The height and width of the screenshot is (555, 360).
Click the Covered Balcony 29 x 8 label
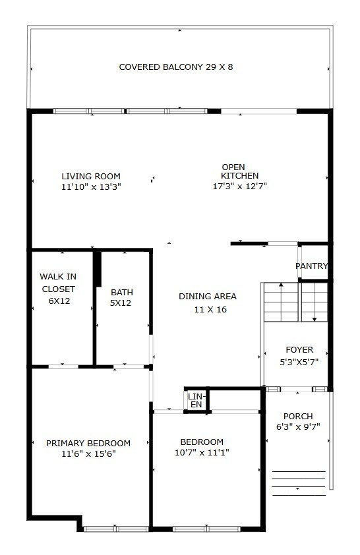tap(175, 67)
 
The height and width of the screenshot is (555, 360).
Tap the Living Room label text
tap(91, 176)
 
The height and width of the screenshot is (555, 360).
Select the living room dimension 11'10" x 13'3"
tap(91, 187)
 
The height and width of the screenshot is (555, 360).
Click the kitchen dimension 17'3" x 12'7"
tap(235, 187)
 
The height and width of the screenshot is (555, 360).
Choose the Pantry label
tap(311, 266)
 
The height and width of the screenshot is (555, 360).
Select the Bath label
tap(121, 292)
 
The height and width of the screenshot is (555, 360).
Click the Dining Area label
tap(207, 296)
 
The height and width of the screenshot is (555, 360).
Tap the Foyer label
tap(299, 349)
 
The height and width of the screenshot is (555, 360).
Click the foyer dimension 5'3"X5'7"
tap(299, 362)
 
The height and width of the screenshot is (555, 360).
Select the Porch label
tap(298, 416)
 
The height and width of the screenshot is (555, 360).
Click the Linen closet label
tap(196, 399)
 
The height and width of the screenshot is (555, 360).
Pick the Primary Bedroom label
tap(88, 443)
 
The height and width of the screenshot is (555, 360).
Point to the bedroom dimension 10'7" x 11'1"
tap(202, 452)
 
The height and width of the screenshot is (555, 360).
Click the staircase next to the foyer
tap(295, 302)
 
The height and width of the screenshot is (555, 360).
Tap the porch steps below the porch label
tap(299, 482)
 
